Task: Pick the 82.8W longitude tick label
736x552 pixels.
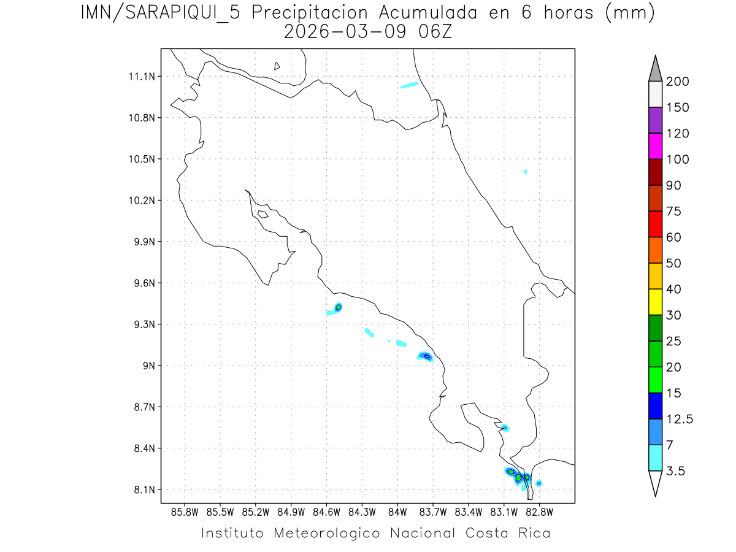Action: coord(539,512)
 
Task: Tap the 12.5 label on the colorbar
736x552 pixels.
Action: coord(679,419)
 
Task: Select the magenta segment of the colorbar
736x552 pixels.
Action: coord(655,146)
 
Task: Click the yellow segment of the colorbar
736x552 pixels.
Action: coord(655,302)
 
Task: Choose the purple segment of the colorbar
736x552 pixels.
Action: coord(655,120)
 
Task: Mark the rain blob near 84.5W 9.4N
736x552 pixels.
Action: coord(338,307)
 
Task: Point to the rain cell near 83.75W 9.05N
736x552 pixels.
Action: coord(426,356)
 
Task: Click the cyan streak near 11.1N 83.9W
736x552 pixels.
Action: coord(409,85)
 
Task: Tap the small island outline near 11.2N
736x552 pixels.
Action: coord(277,66)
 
